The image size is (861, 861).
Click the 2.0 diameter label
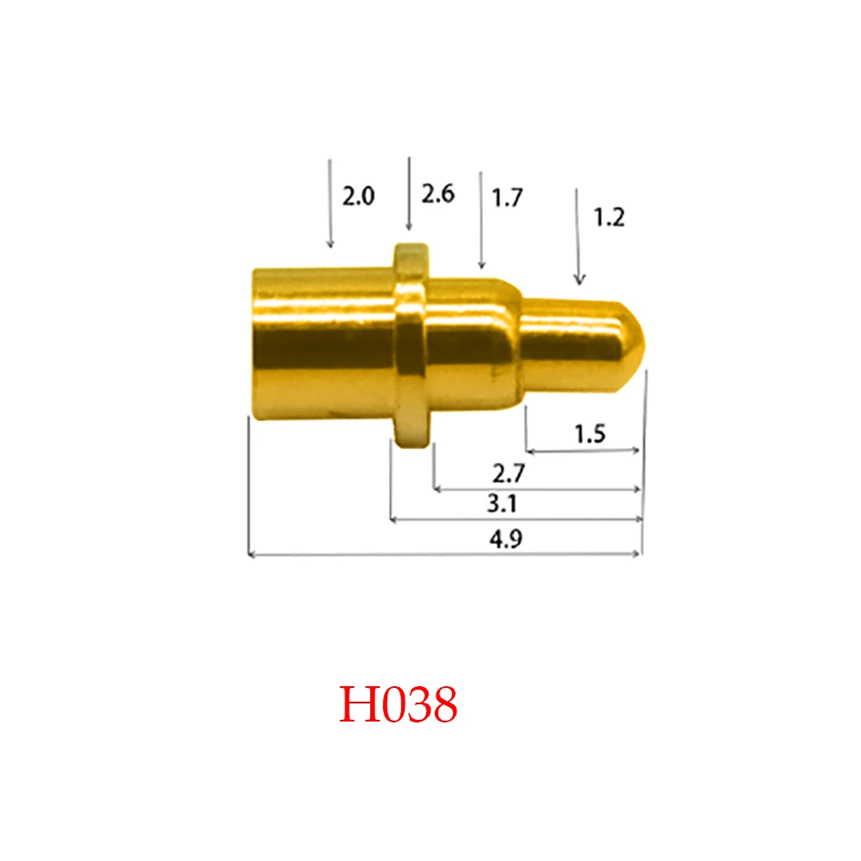click(358, 197)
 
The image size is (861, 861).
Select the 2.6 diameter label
click(437, 195)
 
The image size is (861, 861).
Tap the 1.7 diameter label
click(507, 199)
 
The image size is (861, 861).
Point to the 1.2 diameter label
click(608, 219)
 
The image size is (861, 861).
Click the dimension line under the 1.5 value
click(584, 450)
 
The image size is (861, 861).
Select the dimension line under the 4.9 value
click(444, 555)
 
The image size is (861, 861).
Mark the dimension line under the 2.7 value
click(538, 489)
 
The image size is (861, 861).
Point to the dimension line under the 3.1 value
click(517, 520)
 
